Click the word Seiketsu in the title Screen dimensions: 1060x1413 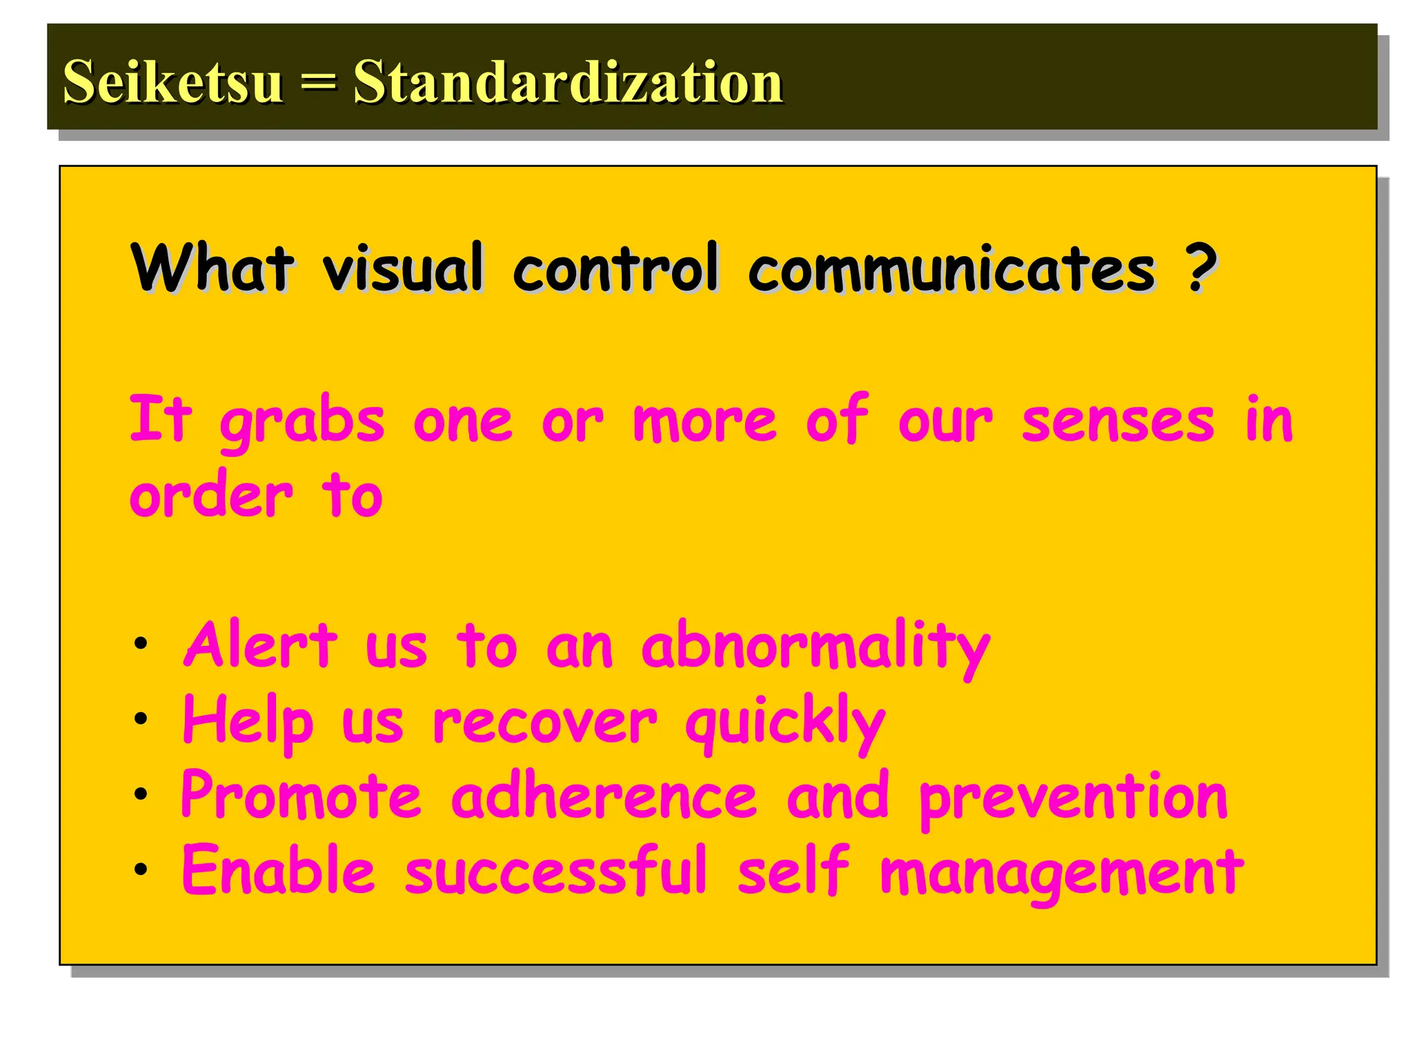[172, 81]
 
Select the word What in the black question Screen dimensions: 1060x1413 [213, 267]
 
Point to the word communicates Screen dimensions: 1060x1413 [952, 269]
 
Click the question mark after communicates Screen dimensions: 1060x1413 [1201, 267]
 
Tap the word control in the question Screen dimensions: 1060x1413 [616, 267]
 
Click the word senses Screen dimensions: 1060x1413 [1118, 421]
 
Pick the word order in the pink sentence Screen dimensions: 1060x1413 [211, 495]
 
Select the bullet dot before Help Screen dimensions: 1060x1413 [141, 720]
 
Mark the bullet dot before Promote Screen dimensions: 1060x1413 [141, 794]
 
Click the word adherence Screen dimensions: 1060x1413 [604, 796]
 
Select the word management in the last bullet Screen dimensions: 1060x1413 [1062, 873]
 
